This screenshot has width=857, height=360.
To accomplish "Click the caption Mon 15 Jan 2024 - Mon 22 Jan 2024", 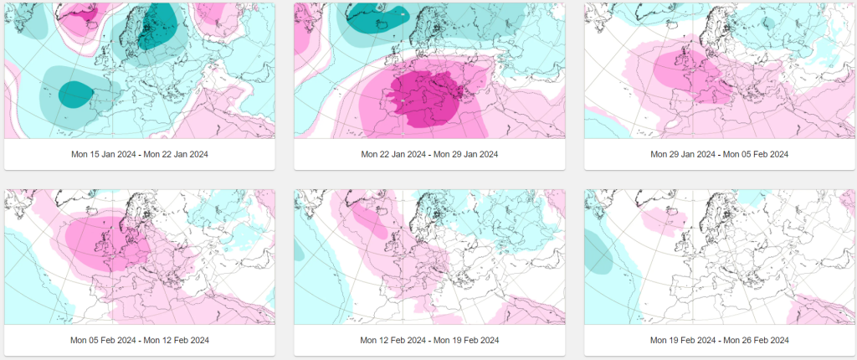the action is (140, 154).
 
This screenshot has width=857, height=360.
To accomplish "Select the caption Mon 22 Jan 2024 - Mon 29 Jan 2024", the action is (429, 154).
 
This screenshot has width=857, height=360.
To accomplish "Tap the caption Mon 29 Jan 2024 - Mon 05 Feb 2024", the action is (719, 154).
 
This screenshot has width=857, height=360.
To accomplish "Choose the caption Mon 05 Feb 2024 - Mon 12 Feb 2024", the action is (140, 340).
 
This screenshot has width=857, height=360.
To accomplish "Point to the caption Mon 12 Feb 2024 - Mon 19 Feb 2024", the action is (429, 340).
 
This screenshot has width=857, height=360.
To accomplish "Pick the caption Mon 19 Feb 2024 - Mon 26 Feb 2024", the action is (719, 340).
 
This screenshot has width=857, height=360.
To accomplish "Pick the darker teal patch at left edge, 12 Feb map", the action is (299, 250).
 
